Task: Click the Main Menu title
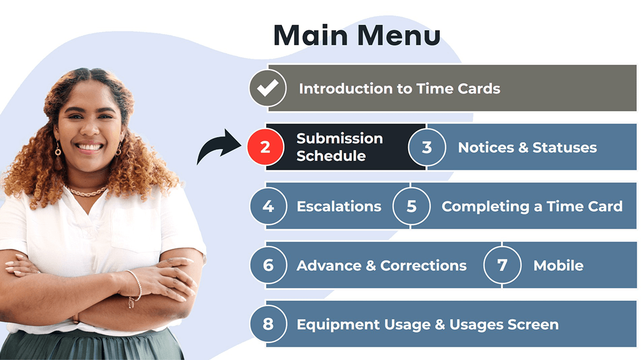coord(357,35)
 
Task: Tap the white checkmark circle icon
coord(267,88)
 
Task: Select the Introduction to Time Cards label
coord(400,89)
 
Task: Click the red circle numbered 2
coord(265,147)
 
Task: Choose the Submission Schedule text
coord(340,147)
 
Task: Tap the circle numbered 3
coord(427,147)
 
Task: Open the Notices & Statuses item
coord(528,148)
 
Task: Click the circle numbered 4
coord(268,206)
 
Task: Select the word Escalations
coord(339,206)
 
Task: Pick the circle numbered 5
coord(411,206)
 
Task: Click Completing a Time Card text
coord(532,206)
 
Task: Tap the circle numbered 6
coord(268,265)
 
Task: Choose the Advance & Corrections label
coord(382,266)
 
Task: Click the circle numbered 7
coord(502,265)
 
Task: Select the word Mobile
coord(559,266)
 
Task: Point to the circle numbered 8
coord(268,324)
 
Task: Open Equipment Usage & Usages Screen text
coord(427,325)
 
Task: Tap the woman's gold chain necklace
coord(86,192)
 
